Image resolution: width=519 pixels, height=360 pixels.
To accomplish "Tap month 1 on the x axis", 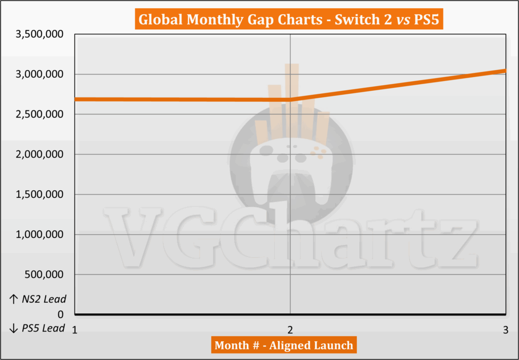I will pyautogui.click(x=75, y=330).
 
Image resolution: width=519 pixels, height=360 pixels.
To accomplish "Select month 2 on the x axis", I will pyautogui.click(x=290, y=330).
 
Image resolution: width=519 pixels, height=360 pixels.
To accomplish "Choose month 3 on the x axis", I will pyautogui.click(x=505, y=330).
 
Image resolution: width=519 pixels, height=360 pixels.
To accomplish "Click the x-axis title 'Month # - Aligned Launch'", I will pyautogui.click(x=284, y=345).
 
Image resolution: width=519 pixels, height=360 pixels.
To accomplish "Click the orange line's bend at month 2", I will pyautogui.click(x=290, y=99).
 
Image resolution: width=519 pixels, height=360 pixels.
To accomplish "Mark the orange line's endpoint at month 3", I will pyautogui.click(x=505, y=70).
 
